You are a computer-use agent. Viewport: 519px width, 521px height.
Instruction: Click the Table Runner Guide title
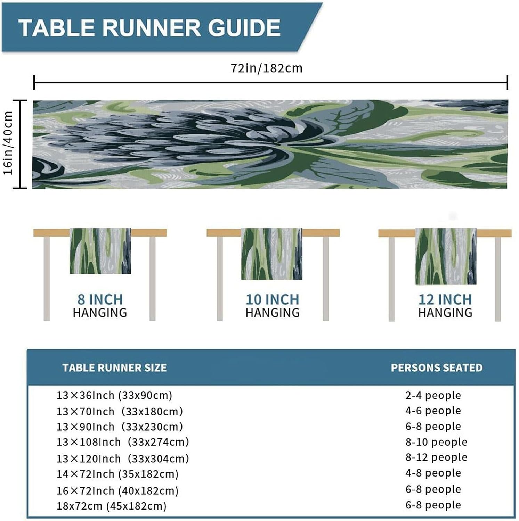pyautogui.click(x=149, y=28)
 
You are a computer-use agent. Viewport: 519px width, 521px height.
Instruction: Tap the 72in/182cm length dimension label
pyautogui.click(x=267, y=68)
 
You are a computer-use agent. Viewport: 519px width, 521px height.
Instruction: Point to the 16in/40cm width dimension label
pyautogui.click(x=8, y=143)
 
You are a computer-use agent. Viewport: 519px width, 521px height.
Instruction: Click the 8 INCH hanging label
pyautogui.click(x=100, y=299)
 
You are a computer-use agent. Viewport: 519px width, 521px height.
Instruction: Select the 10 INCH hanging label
pyautogui.click(x=273, y=299)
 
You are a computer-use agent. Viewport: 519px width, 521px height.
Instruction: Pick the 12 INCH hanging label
pyautogui.click(x=445, y=299)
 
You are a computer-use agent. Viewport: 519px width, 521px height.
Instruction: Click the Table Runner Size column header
pyautogui.click(x=114, y=368)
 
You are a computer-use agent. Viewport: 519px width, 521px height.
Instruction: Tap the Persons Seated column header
pyautogui.click(x=437, y=368)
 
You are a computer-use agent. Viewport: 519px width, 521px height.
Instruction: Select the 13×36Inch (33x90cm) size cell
pyautogui.click(x=114, y=395)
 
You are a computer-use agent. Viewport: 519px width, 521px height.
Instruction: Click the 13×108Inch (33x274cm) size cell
pyautogui.click(x=123, y=442)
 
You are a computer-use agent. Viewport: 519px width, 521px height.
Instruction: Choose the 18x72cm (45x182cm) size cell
pyautogui.click(x=112, y=506)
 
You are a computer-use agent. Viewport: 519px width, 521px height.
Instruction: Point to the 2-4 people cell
pyautogui.click(x=433, y=395)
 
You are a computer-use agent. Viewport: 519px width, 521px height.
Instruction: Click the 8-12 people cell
pyautogui.click(x=436, y=457)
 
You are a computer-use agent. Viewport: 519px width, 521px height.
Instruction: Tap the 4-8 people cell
pyautogui.click(x=433, y=473)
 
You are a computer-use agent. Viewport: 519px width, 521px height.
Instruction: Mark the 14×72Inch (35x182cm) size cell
pyautogui.click(x=117, y=474)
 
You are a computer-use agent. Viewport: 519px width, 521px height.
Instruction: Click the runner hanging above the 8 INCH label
pyautogui.click(x=100, y=251)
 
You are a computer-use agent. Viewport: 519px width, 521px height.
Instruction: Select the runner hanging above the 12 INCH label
pyautogui.click(x=446, y=256)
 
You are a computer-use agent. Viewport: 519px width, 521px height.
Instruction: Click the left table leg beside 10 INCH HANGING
pyautogui.click(x=220, y=278)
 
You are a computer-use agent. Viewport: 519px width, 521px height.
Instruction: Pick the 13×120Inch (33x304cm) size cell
pyautogui.click(x=123, y=459)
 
